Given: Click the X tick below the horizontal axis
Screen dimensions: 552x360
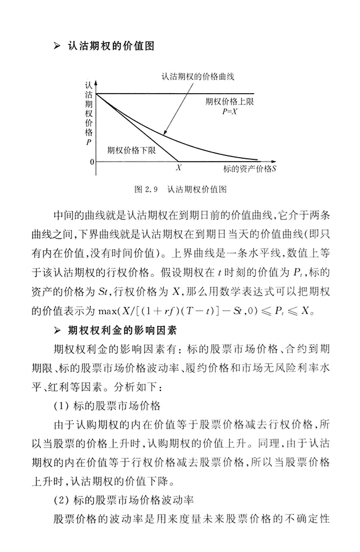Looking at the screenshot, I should click(x=179, y=167).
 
